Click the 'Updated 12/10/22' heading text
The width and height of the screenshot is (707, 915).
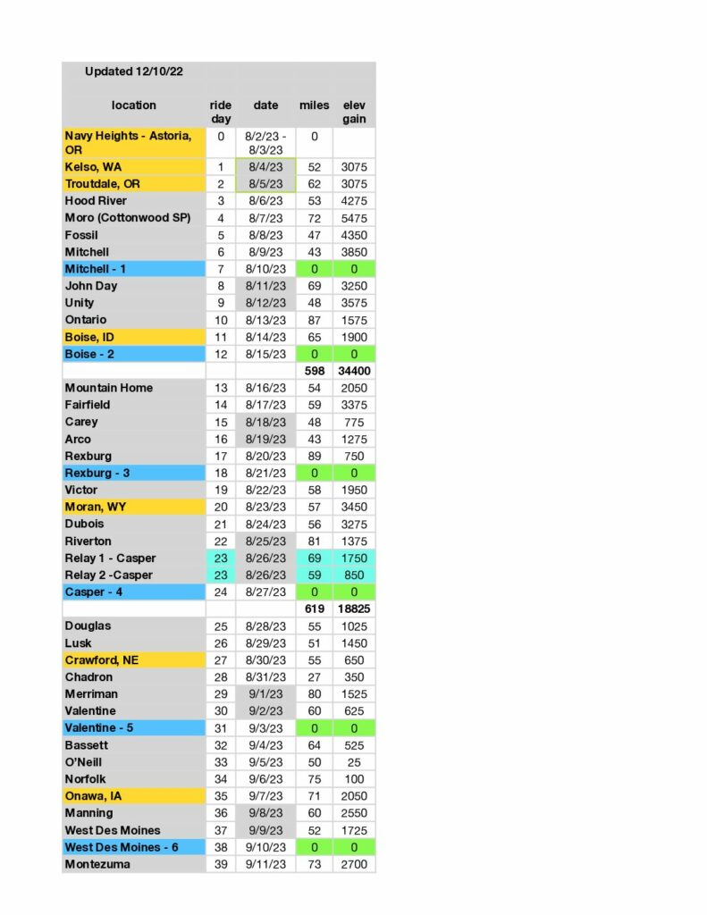pos(134,71)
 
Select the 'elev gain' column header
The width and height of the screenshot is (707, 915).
pos(353,112)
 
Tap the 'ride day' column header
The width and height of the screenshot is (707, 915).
pos(221,112)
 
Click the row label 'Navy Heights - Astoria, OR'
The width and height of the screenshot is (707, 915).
pos(128,142)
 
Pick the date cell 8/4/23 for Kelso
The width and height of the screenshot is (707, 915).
pos(265,167)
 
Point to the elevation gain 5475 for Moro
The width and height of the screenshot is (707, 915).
pos(353,218)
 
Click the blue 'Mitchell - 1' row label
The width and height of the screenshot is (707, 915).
pos(96,269)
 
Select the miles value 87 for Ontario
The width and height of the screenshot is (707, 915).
pos(314,320)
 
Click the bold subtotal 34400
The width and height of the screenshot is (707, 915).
pos(353,371)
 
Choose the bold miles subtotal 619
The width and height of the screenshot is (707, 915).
pos(314,609)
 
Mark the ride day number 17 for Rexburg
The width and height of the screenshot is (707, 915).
pos(221,456)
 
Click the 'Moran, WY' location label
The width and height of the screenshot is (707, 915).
pos(95,507)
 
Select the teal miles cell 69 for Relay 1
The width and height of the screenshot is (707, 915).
pos(314,558)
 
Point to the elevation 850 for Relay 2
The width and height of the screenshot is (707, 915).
pos(353,575)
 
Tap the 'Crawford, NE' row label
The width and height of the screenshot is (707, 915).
pos(102,659)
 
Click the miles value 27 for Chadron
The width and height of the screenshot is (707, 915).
pos(314,677)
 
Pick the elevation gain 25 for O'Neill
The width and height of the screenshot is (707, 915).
pos(353,762)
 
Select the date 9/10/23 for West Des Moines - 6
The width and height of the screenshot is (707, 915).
pos(265,847)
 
